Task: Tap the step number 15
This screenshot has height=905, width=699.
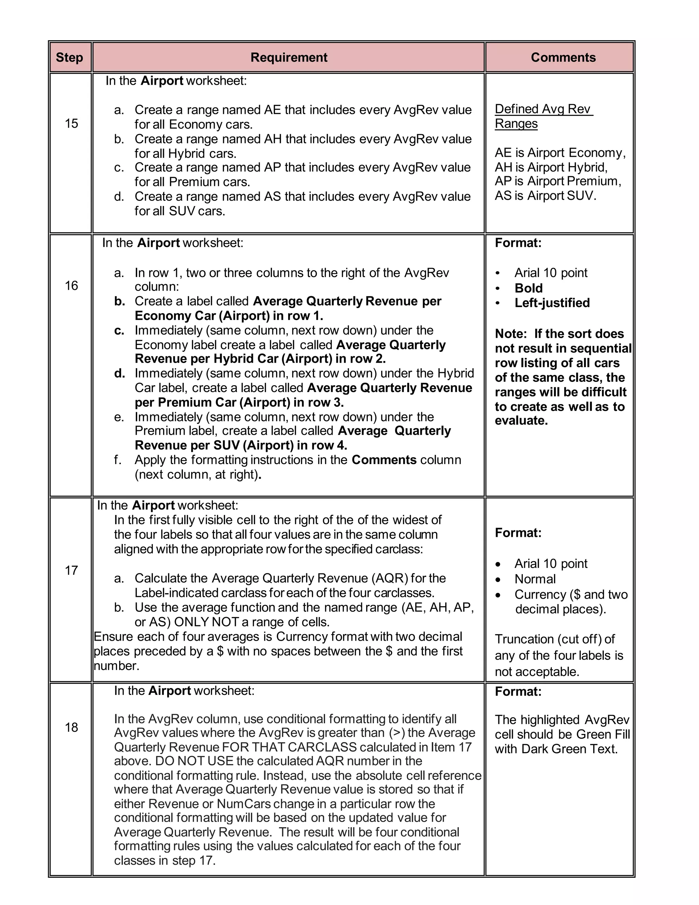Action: (x=71, y=124)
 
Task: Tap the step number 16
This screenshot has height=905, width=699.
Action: (x=71, y=286)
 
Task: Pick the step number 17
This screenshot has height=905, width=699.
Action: (x=71, y=571)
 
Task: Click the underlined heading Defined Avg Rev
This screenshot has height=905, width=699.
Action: (x=543, y=109)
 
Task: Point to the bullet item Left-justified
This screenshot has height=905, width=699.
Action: (x=552, y=303)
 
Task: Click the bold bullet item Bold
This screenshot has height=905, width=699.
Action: (x=528, y=288)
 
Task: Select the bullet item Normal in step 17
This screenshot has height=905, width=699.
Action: (x=535, y=579)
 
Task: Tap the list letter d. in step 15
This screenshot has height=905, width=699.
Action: (x=119, y=196)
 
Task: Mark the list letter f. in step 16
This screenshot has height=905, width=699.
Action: (x=118, y=460)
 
